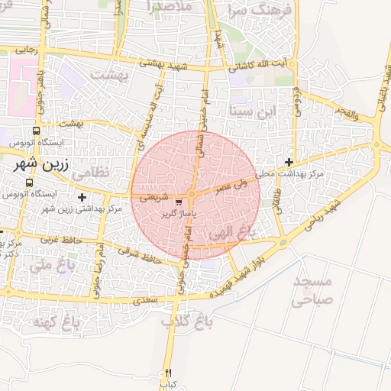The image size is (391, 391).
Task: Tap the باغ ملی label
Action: [51, 266]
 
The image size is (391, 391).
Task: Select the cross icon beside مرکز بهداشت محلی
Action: [289, 162]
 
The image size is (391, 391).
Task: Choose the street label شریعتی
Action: [153, 196]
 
